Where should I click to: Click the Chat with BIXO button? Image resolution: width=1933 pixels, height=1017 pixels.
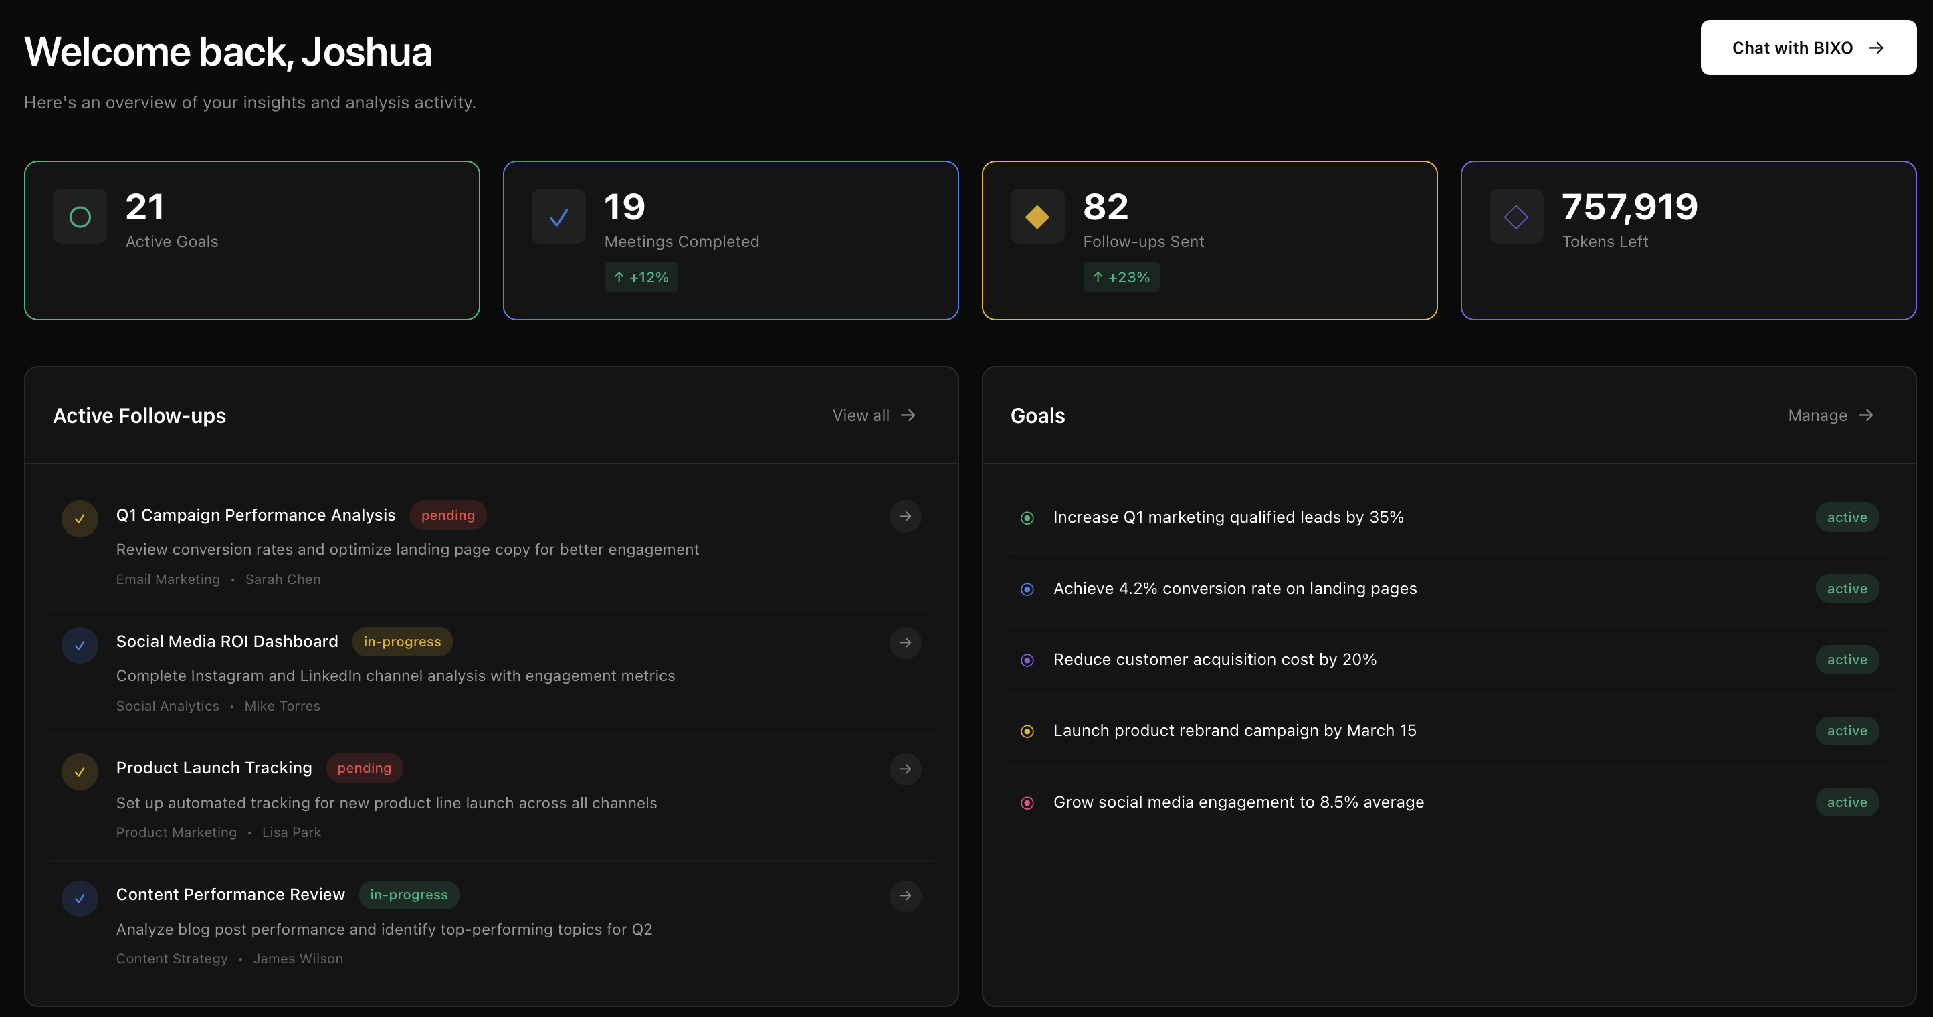coord(1807,48)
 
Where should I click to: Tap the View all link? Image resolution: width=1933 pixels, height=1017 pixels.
coord(874,415)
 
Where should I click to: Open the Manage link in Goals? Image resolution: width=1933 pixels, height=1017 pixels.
coord(1829,415)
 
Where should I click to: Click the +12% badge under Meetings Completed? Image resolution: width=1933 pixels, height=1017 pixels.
coord(641,277)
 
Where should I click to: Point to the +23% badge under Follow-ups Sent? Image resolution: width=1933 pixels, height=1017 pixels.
coord(1120,277)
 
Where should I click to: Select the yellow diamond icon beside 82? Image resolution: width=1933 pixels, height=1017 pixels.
coord(1036,217)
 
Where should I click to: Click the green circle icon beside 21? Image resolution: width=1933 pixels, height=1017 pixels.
coord(80,217)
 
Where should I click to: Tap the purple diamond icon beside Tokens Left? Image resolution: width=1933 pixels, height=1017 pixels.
coord(1515,217)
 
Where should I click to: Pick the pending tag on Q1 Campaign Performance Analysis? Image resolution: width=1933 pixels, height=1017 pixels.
coord(448,515)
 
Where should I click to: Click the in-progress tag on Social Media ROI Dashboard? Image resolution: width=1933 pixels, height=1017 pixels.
coord(402,642)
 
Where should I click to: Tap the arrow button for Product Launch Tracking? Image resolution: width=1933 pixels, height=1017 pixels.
coord(905,769)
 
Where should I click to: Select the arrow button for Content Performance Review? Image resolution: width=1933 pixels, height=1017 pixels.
coord(905,895)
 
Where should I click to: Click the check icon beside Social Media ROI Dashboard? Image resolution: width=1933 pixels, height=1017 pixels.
coord(80,646)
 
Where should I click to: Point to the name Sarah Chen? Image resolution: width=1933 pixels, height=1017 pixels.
coord(283,579)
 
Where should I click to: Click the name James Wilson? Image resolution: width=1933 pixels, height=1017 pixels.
coord(298,959)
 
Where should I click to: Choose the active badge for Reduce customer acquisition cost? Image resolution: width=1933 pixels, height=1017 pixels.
coord(1846,660)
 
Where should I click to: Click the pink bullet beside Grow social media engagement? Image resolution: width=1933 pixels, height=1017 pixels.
coord(1027,802)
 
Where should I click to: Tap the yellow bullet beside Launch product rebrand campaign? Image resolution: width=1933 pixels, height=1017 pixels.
coord(1027,731)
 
